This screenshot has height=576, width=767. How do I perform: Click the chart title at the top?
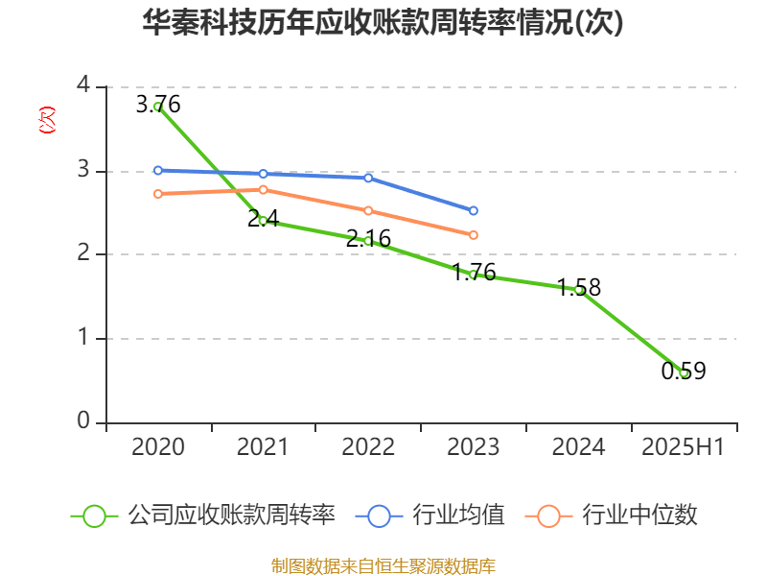pos(383,22)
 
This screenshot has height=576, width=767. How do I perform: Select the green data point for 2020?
pos(158,107)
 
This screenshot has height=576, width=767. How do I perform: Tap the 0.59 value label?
pos(684,371)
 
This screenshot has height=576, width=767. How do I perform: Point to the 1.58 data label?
pos(579,287)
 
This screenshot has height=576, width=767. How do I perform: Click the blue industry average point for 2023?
pos(474,210)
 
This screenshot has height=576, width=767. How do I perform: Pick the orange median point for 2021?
pos(263,189)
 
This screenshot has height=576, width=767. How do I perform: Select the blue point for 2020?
pos(158,171)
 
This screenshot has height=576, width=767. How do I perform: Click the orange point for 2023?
pos(474,235)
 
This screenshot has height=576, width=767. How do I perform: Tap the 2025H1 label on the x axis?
pos(683,446)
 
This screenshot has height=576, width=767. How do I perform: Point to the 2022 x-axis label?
pos(368,446)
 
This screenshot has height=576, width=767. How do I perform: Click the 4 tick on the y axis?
pos(83,84)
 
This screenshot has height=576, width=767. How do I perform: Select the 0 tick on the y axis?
pos(83,420)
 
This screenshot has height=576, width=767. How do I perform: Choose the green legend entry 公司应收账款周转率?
pos(203,516)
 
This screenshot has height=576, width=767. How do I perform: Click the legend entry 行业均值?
pos(430,516)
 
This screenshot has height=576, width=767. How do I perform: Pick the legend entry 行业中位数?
pos(611,516)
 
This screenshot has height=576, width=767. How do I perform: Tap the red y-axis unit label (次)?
pos(47,120)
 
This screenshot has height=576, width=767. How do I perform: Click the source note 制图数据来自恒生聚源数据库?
pos(383,566)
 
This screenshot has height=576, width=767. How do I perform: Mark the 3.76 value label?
pos(158,105)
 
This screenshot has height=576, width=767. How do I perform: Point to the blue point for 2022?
pos(368,178)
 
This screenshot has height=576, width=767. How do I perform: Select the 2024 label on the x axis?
pos(579,446)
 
